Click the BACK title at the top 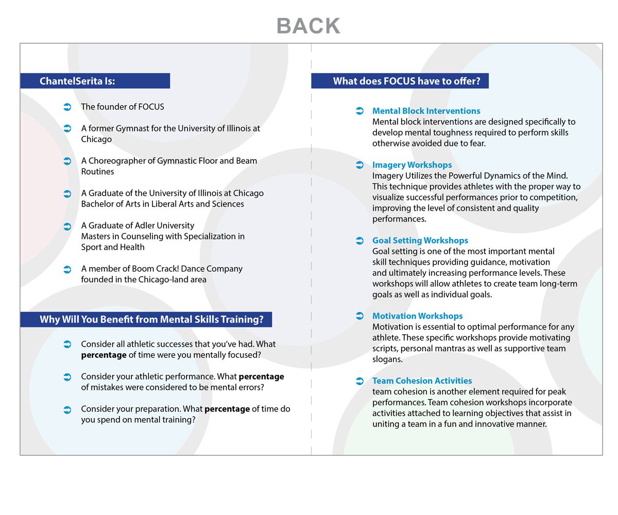(308, 26)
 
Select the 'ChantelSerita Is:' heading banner (95, 81)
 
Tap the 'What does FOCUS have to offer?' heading (400, 81)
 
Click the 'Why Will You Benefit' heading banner (146, 319)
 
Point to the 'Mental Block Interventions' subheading (426, 111)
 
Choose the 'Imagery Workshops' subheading (412, 165)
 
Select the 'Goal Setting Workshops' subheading (420, 241)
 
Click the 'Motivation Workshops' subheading (418, 316)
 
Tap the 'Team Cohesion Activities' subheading (422, 381)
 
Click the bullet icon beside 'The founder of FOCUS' (67, 107)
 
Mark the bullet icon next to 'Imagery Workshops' (360, 165)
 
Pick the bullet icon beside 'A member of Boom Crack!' (67, 269)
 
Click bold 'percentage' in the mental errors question (261, 376)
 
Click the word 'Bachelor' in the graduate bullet (98, 204)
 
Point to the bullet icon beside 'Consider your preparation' (67, 409)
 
